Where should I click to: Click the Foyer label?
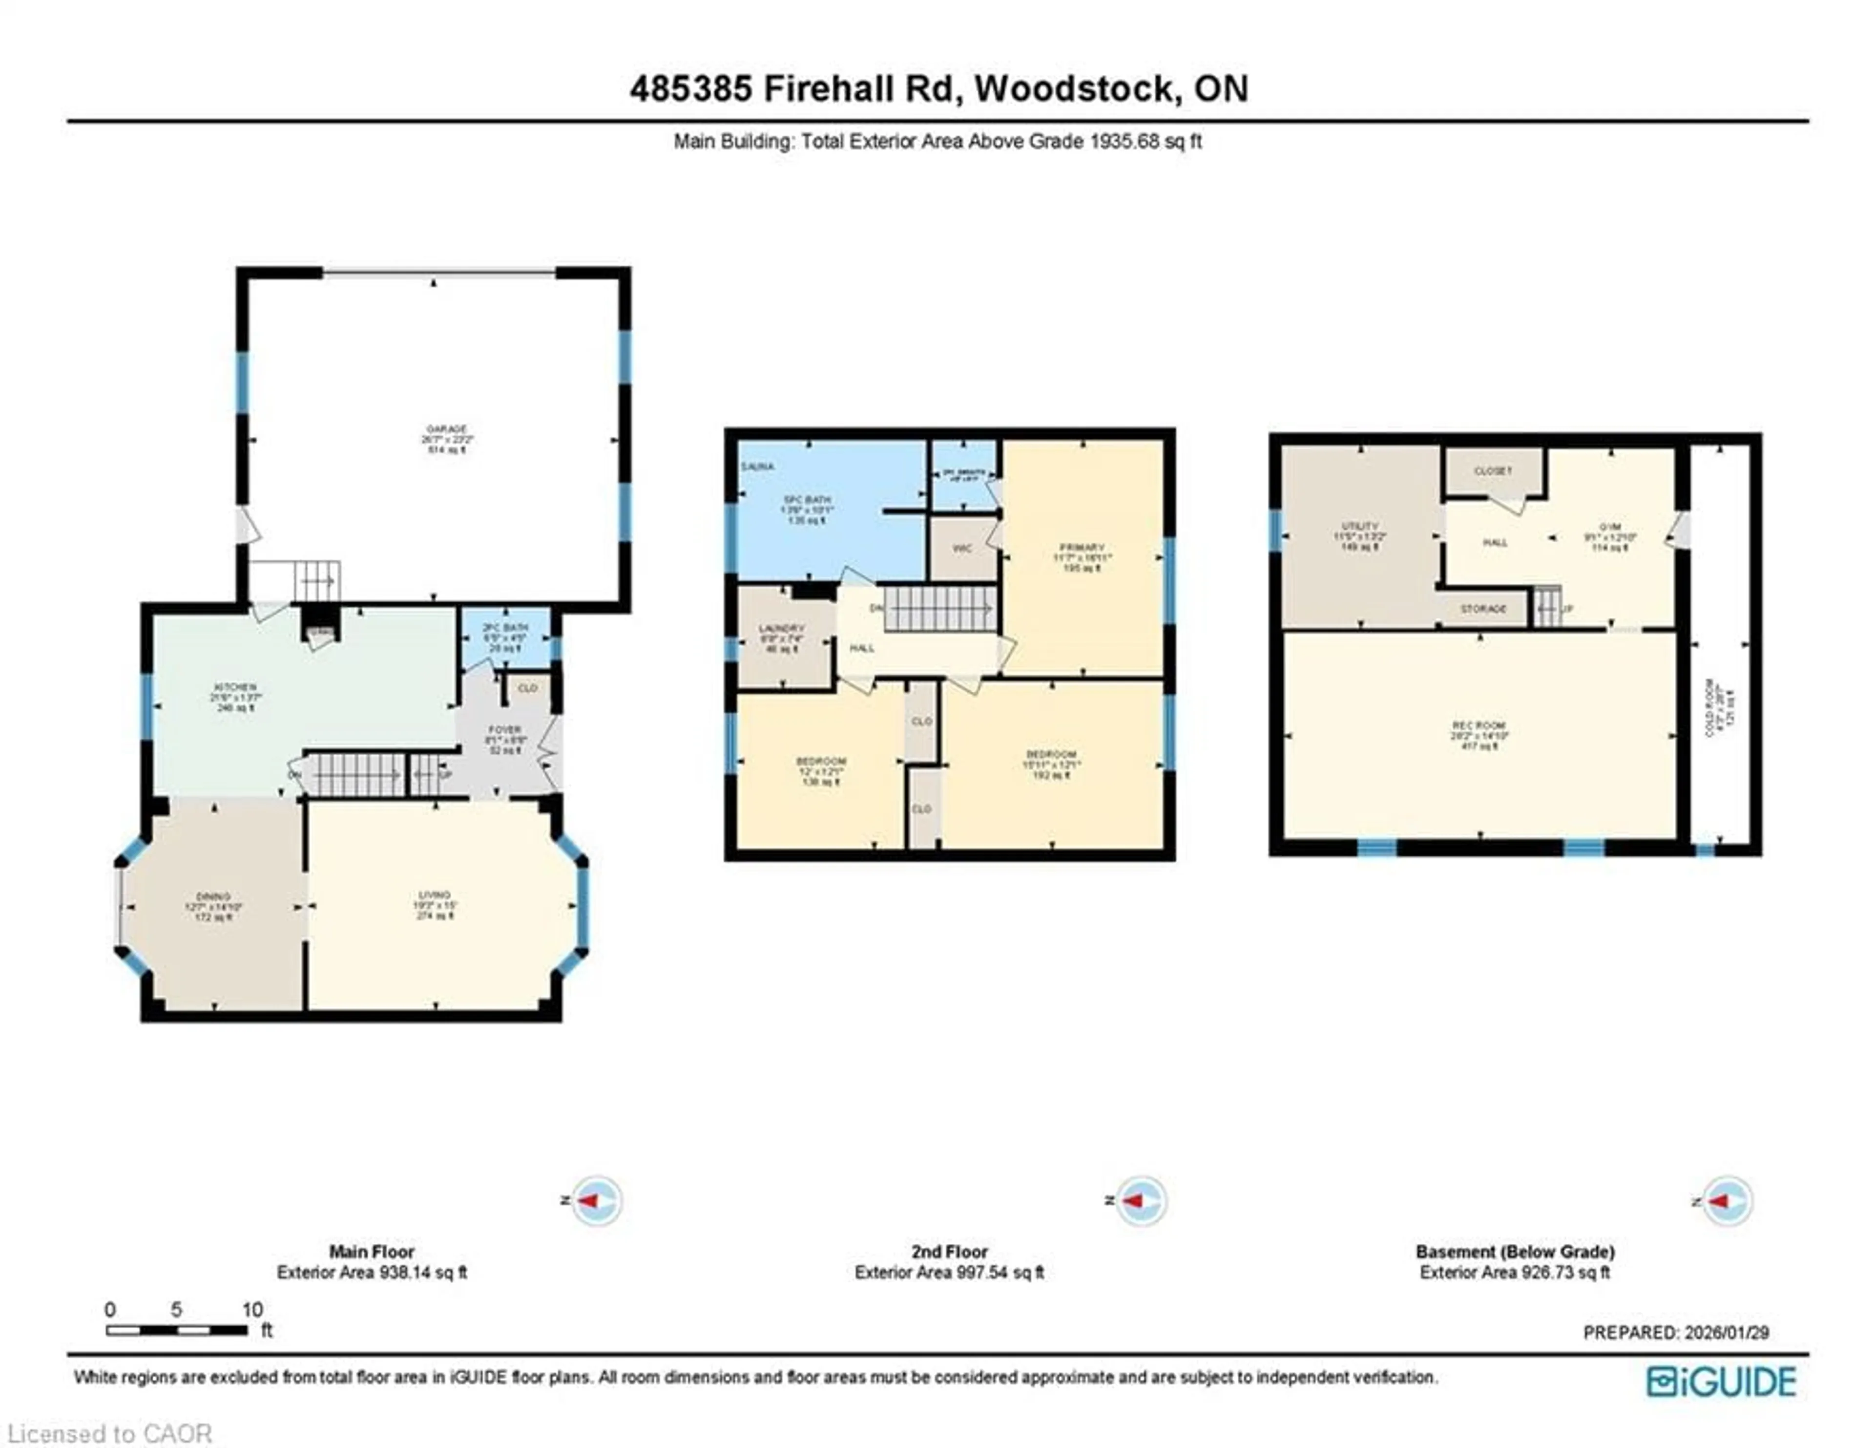(505, 730)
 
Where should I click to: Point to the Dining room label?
(214, 896)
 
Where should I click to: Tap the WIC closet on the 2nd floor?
(962, 549)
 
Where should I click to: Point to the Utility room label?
(1360, 527)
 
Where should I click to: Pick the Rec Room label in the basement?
(1479, 726)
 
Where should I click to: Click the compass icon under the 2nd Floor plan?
(1140, 1200)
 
